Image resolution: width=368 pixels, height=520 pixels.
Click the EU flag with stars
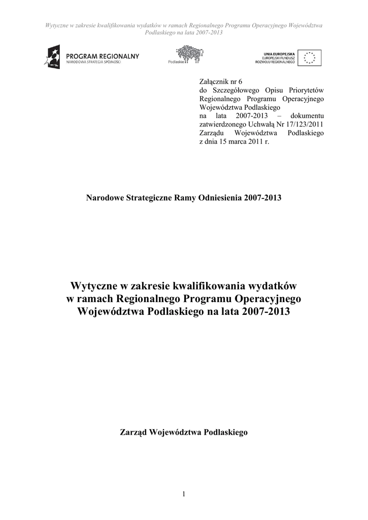[x=309, y=58]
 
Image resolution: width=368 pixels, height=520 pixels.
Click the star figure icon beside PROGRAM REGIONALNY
[x=54, y=56]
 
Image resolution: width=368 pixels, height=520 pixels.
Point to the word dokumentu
[x=307, y=116]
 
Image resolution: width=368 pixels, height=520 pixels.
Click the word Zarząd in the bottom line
[x=133, y=433]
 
